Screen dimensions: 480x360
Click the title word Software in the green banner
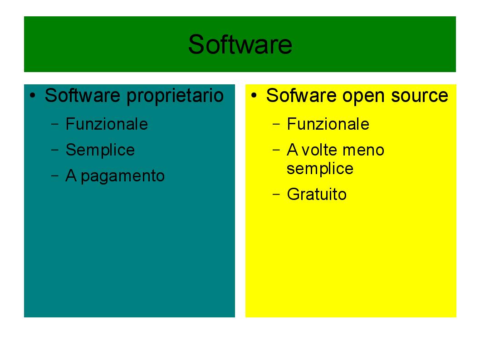[x=240, y=44]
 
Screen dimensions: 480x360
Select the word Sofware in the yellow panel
[x=301, y=95]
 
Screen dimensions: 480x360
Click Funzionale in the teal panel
[x=107, y=124]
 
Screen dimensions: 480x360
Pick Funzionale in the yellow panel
[x=328, y=124]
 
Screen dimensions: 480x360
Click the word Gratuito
[x=317, y=194]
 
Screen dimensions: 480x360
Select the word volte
[x=319, y=150]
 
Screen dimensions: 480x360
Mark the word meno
[x=363, y=151]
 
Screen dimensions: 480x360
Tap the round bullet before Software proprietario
[x=33, y=96]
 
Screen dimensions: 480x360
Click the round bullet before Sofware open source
[x=254, y=96]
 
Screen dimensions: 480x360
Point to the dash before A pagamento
[x=55, y=175]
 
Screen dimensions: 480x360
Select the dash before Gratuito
[x=276, y=194]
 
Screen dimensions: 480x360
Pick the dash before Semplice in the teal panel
[x=55, y=150]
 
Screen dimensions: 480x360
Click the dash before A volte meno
[x=276, y=150]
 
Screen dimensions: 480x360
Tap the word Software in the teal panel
[x=83, y=95]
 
